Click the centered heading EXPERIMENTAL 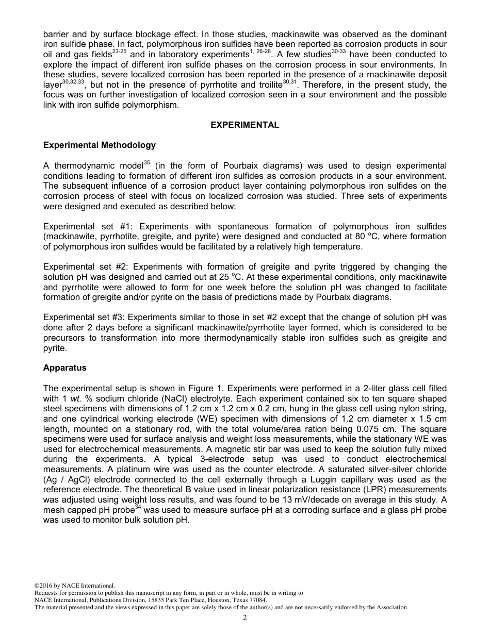[x=245, y=125]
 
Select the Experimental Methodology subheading [x=99, y=145]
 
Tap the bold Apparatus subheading [x=65, y=368]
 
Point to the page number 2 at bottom [x=245, y=619]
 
